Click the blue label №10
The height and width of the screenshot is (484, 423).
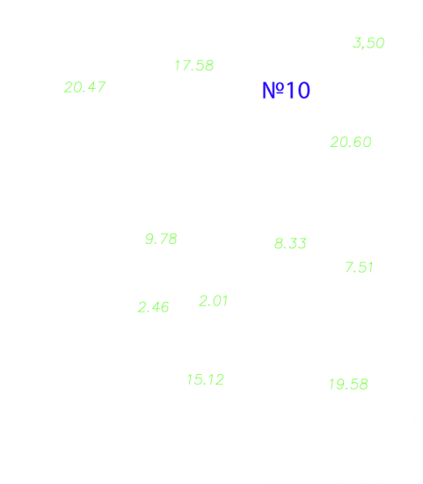point(286,90)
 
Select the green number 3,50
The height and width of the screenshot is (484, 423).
point(368,43)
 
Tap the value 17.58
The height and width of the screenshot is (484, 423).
point(194,65)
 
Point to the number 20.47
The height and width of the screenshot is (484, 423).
point(84,87)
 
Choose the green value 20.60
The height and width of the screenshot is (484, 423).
point(351,142)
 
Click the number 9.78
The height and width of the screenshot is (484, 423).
point(161,238)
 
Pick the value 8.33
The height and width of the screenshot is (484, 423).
point(290,243)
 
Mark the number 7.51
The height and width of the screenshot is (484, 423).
point(359,268)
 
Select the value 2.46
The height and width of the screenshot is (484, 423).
point(153,307)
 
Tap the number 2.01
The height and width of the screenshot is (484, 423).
point(214,301)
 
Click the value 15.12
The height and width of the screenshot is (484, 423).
point(206,379)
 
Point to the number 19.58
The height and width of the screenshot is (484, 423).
point(348,385)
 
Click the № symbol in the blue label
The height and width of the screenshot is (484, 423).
point(273,90)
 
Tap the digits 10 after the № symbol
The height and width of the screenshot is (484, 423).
point(298,91)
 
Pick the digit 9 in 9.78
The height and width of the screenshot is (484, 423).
point(150,238)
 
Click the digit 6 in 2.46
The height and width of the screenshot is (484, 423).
point(164,307)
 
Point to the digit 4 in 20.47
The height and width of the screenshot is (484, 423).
point(92,87)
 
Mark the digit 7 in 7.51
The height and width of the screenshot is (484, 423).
point(350,268)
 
